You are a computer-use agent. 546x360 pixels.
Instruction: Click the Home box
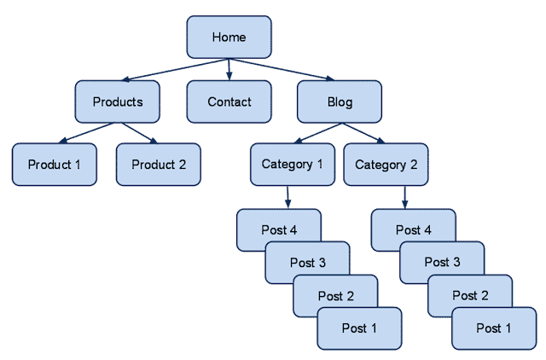coord(229,37)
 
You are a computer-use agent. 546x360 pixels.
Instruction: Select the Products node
coord(117,102)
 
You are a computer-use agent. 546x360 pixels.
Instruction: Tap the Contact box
coord(229,102)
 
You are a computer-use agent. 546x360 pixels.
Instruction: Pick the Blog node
coord(340,102)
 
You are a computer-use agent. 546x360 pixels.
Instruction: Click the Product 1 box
coord(54,165)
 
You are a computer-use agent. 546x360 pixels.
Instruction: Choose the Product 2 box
coord(158,165)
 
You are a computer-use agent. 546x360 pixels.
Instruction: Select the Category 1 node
coord(292,164)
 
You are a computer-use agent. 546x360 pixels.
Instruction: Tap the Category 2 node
coord(386,164)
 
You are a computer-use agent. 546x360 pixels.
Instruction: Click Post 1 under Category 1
coord(359,328)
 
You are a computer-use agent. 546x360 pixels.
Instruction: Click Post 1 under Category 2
coord(494,328)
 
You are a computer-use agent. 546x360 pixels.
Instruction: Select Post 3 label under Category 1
coord(308,262)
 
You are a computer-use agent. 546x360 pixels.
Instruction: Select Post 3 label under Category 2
coord(443,262)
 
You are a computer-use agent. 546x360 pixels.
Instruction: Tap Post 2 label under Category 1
coord(335,295)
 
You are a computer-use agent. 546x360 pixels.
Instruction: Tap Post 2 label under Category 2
coord(470,295)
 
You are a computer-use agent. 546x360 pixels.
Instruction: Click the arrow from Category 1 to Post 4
coord(288,197)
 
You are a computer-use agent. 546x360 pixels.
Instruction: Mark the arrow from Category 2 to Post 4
coord(404,197)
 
